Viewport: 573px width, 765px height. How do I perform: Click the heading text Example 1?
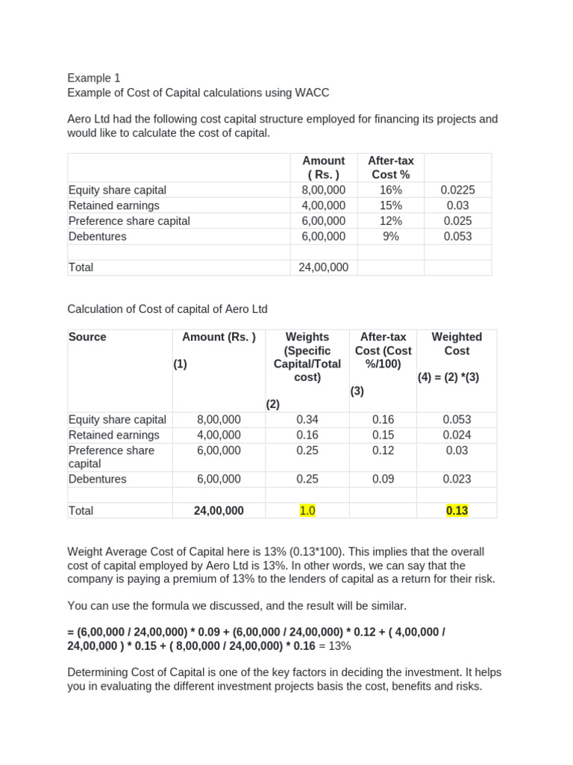point(93,78)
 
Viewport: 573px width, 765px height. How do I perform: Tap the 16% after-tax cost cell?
point(390,190)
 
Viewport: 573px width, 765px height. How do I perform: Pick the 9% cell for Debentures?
point(390,236)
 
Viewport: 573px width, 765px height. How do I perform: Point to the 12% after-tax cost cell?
point(390,220)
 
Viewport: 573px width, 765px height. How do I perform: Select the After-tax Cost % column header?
point(390,167)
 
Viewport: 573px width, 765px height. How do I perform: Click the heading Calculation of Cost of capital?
point(167,309)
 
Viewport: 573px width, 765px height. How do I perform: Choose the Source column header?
point(87,337)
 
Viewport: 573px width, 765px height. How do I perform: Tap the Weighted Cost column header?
point(457,344)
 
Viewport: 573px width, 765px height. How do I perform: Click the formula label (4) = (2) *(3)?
point(448,377)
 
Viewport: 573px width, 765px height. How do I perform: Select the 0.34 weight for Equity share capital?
point(307,419)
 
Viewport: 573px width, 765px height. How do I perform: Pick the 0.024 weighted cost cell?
point(457,435)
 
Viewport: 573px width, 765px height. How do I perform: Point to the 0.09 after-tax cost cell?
point(383,479)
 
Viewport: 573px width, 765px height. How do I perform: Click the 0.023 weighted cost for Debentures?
point(457,479)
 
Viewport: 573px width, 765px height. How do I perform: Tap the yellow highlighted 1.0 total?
point(307,510)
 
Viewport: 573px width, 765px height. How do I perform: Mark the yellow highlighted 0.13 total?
point(457,510)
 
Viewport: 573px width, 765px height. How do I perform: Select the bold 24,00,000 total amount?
point(219,510)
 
